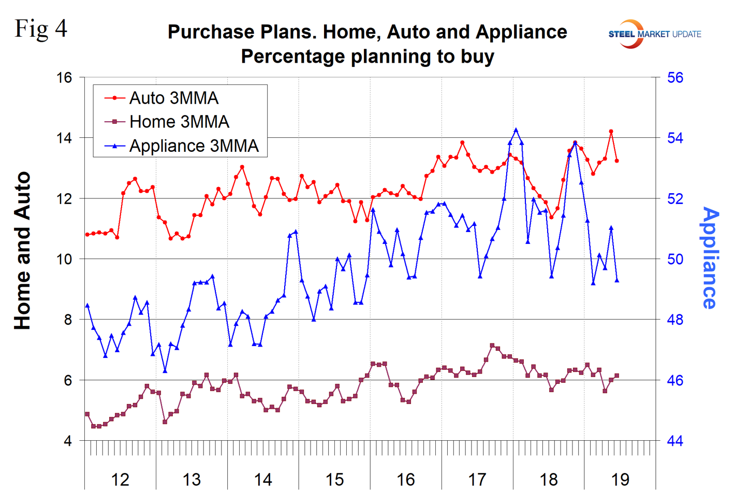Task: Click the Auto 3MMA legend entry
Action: click(x=173, y=98)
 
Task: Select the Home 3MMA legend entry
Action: click(x=179, y=122)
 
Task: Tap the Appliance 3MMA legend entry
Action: click(x=194, y=146)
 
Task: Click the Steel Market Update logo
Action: click(x=654, y=34)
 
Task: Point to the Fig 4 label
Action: click(x=41, y=28)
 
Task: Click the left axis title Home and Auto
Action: click(x=23, y=251)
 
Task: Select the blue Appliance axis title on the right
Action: click(x=710, y=258)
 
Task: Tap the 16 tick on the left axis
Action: click(x=64, y=78)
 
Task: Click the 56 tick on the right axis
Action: click(x=675, y=78)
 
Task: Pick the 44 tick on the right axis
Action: click(x=675, y=441)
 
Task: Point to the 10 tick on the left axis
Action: click(x=64, y=259)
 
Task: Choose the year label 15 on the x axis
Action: click(x=334, y=480)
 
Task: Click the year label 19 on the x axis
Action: click(x=620, y=480)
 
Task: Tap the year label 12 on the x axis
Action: click(x=120, y=480)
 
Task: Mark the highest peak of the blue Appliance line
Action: click(x=516, y=130)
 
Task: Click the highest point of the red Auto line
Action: click(x=611, y=132)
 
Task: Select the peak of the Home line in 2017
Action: click(x=492, y=345)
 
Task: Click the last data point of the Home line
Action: click(x=616, y=376)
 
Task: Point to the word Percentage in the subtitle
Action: click(x=293, y=56)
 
